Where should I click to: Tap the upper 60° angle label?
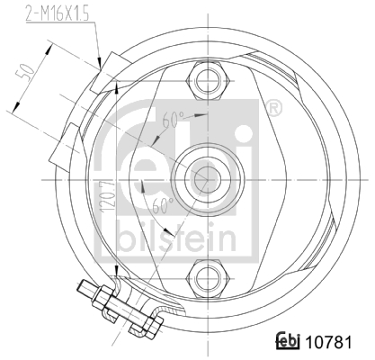(x=172, y=117)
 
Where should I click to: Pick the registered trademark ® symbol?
(x=274, y=109)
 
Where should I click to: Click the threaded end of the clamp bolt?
(x=86, y=291)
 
